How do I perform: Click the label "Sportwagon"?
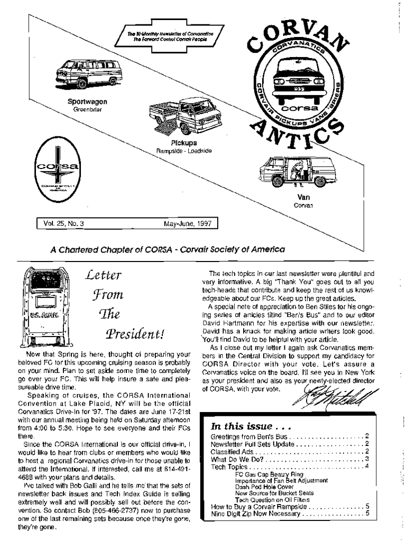(87, 101)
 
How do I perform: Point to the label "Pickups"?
(184, 143)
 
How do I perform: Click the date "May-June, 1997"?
(187, 224)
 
